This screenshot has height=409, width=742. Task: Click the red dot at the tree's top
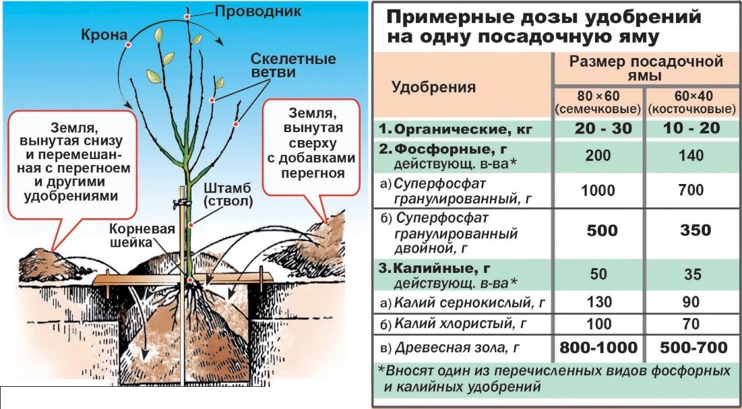pyautogui.click(x=187, y=14)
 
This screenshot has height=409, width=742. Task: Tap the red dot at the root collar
pyautogui.click(x=190, y=279)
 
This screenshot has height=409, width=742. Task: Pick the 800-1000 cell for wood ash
pyautogui.click(x=598, y=347)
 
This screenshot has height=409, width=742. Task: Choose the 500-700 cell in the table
pyautogui.click(x=691, y=347)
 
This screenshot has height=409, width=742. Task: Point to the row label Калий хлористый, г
pyautogui.click(x=460, y=324)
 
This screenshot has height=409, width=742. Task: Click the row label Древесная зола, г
pyautogui.click(x=462, y=348)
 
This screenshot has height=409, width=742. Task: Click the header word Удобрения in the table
pyautogui.click(x=434, y=86)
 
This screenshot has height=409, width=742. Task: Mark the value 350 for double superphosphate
pyautogui.click(x=691, y=230)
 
